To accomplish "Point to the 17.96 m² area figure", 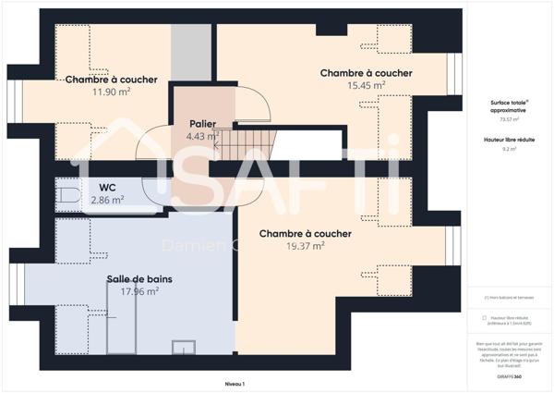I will [x=140, y=291].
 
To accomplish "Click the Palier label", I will [x=203, y=124].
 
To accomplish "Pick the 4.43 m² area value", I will [x=202, y=137].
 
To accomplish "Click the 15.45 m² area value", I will [x=366, y=86].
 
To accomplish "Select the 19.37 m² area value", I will [x=305, y=246].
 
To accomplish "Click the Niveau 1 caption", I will [x=236, y=383].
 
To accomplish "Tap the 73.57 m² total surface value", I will [x=510, y=119].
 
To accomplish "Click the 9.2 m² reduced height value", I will [x=510, y=148].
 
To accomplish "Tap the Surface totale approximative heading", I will [x=510, y=105].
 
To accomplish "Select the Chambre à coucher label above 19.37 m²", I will [x=305, y=234].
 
